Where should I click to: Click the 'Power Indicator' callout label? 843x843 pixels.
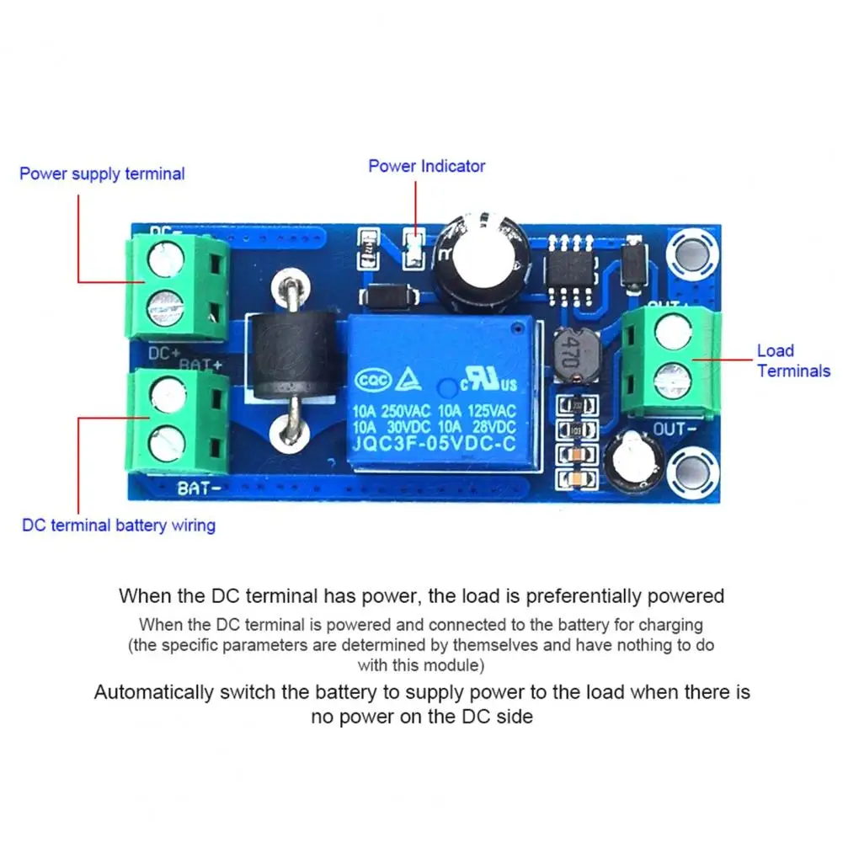coord(426,166)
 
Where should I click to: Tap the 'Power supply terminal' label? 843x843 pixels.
coord(102,174)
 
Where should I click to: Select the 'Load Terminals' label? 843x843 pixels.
coord(793,360)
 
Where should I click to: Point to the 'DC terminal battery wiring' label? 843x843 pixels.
coord(119,526)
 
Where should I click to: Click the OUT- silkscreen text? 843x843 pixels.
coord(674,430)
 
